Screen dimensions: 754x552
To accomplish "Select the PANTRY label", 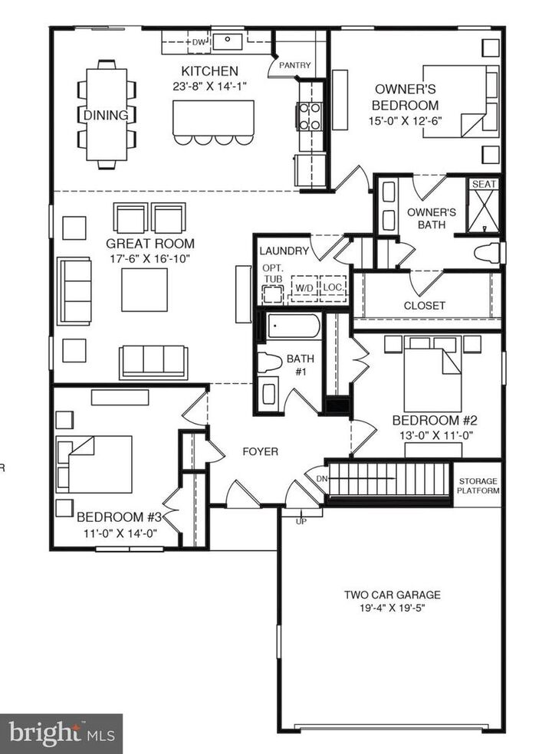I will tap(294, 65).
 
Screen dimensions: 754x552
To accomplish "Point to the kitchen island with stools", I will tap(214, 117).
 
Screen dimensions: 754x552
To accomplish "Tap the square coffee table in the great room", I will tap(144, 289).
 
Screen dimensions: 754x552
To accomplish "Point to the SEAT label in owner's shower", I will tap(484, 184).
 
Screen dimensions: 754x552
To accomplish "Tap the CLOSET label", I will tap(424, 305).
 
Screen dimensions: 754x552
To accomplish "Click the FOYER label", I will tap(260, 452).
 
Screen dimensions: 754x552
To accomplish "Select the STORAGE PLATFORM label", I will tap(479, 486).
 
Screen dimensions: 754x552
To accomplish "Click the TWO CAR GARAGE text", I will tap(392, 594).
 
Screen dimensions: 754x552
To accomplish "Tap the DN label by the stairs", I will tap(320, 478).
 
